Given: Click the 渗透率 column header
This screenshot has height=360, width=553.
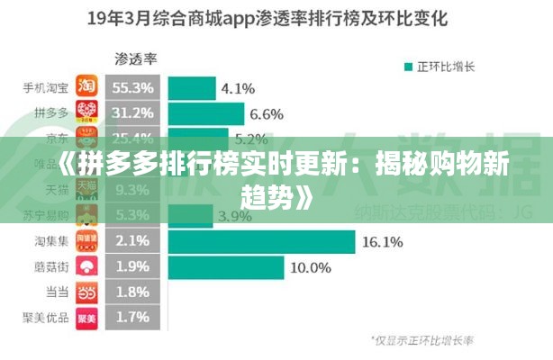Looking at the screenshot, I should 135,59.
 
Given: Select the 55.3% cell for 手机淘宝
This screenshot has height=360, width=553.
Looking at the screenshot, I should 133,87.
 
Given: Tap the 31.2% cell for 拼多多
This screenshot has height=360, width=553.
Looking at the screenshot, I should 133,113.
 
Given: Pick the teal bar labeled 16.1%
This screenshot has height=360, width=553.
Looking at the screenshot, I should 260,241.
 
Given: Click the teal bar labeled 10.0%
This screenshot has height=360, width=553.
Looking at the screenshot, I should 225,266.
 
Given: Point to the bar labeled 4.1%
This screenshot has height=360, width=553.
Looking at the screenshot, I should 190,87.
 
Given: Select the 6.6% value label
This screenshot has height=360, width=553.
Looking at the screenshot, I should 267,113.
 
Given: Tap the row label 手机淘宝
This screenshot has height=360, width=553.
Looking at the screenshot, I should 47,87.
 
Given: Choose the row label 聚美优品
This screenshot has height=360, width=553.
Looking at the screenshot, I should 47,317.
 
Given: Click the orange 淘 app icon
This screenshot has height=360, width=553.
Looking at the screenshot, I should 86,87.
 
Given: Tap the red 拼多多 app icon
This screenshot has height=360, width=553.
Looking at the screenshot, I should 86,113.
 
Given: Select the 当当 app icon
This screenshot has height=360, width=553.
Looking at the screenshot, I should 86,292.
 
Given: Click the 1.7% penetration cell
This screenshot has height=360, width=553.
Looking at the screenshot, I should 133,317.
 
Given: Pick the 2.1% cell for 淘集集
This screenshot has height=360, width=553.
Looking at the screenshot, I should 133,241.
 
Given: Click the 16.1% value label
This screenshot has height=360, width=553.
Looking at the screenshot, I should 381,241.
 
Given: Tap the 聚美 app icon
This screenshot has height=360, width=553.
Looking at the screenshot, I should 86,317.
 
